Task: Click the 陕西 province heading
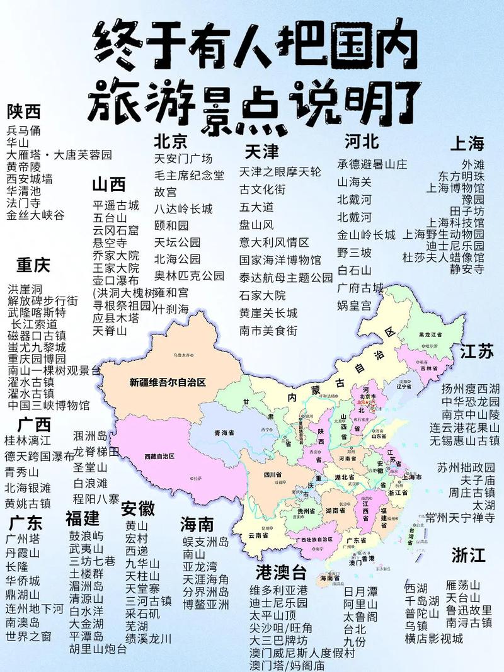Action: coord(24,112)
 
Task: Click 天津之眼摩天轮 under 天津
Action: coord(280,171)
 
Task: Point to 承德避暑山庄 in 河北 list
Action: coord(372,164)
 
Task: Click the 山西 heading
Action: coord(109,185)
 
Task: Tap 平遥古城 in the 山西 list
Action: coord(116,205)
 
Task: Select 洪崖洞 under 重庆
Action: coord(25,288)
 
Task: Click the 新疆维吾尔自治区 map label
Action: coord(168,382)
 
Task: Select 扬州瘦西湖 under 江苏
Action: coord(470,388)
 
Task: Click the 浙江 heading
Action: coord(468,555)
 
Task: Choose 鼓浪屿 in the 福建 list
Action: coord(86,536)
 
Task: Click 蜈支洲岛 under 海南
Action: coord(205,542)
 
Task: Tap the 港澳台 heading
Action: coord(281,572)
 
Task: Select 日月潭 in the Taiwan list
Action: coord(361,591)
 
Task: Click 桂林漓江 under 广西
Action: coord(28,440)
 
